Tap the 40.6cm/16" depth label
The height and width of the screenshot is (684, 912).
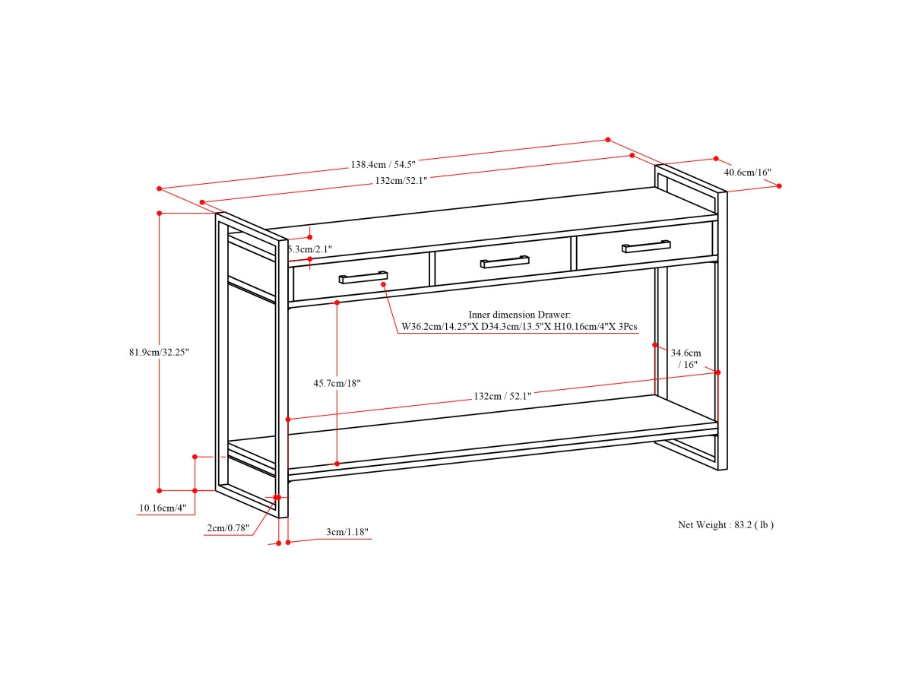[x=747, y=173]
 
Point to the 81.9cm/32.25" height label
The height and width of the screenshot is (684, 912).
[x=158, y=352]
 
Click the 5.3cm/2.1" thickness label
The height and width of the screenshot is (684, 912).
[x=311, y=249]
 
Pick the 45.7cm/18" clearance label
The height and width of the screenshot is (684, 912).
[x=337, y=384]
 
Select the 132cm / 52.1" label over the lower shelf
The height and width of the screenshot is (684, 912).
[x=502, y=396]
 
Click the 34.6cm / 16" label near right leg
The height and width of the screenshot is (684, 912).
[x=686, y=358]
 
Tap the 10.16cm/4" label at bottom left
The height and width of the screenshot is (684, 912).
[x=161, y=508]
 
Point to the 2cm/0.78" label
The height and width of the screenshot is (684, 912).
[x=229, y=528]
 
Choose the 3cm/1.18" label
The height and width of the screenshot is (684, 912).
[x=347, y=532]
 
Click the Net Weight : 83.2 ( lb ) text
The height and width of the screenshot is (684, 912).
[x=726, y=524]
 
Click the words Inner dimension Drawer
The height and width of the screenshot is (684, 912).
[x=519, y=314]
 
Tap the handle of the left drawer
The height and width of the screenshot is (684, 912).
[x=363, y=277]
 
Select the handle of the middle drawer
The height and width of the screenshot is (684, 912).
[x=505, y=261]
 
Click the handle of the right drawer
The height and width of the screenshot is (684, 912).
[x=646, y=245]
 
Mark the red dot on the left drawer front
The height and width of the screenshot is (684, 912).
[x=384, y=284]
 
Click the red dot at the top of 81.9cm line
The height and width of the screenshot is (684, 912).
[x=159, y=214]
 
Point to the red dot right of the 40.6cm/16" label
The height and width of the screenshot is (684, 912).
[x=779, y=185]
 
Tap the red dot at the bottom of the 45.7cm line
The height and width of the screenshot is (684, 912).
[x=337, y=464]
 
